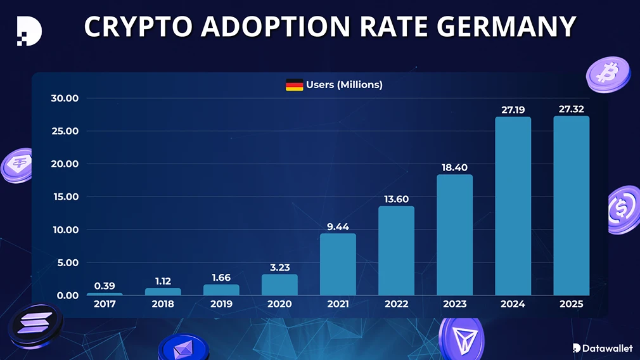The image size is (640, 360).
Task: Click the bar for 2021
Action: [x=338, y=264]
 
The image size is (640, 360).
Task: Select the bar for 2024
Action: [x=513, y=206]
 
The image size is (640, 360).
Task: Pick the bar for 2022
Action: [x=396, y=250]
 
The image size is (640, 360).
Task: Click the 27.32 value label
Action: [x=571, y=110]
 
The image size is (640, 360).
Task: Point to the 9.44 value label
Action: [x=338, y=226]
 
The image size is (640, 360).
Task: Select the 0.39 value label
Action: [x=105, y=286]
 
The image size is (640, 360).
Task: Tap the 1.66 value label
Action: [x=221, y=278]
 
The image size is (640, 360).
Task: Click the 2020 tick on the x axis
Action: [x=279, y=304]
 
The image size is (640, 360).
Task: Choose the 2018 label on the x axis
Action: [x=163, y=304]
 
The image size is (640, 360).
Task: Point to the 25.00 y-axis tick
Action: [x=65, y=131]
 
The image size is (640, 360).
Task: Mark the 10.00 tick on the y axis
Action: [x=65, y=229]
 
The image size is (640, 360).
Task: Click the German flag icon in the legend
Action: [x=294, y=85]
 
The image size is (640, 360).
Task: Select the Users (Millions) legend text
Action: [x=344, y=85]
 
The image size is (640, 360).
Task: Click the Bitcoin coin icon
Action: [x=608, y=74]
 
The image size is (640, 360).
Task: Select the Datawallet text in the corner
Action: [x=607, y=348]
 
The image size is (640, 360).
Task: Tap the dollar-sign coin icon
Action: [x=623, y=208]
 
